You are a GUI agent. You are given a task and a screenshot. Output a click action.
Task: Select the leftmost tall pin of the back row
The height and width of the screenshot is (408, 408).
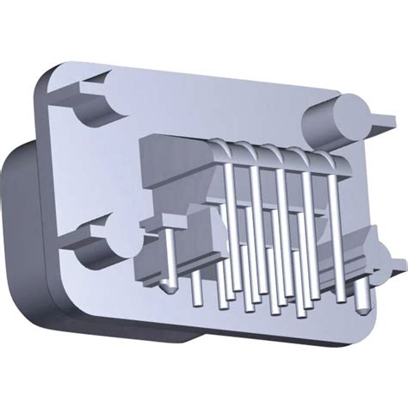231,207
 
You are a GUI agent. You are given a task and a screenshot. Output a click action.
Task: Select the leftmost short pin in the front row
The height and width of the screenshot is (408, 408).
197,288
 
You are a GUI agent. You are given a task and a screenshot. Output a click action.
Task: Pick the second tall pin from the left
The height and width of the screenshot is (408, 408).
256,211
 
